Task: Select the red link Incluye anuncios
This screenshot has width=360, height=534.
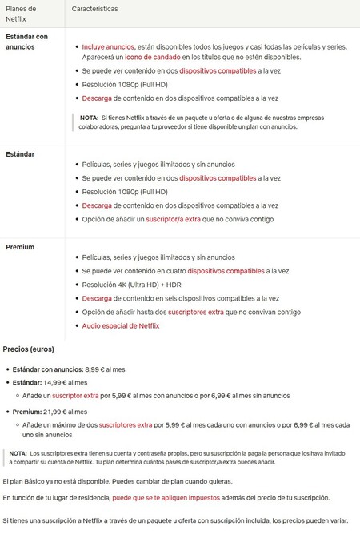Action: tap(108, 47)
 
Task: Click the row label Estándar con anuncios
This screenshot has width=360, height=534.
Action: tap(26, 42)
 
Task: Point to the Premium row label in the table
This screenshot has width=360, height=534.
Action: tap(20, 247)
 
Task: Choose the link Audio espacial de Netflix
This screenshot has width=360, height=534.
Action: tap(121, 325)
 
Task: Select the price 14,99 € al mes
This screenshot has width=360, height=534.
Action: tap(66, 383)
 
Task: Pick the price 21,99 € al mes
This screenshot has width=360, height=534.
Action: tap(66, 411)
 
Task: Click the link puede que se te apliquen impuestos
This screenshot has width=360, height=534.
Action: tap(166, 497)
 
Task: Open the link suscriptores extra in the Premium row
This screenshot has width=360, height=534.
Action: tap(193, 312)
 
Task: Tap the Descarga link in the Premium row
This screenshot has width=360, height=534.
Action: tap(97, 298)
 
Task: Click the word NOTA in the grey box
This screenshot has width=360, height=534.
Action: tap(89, 118)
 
